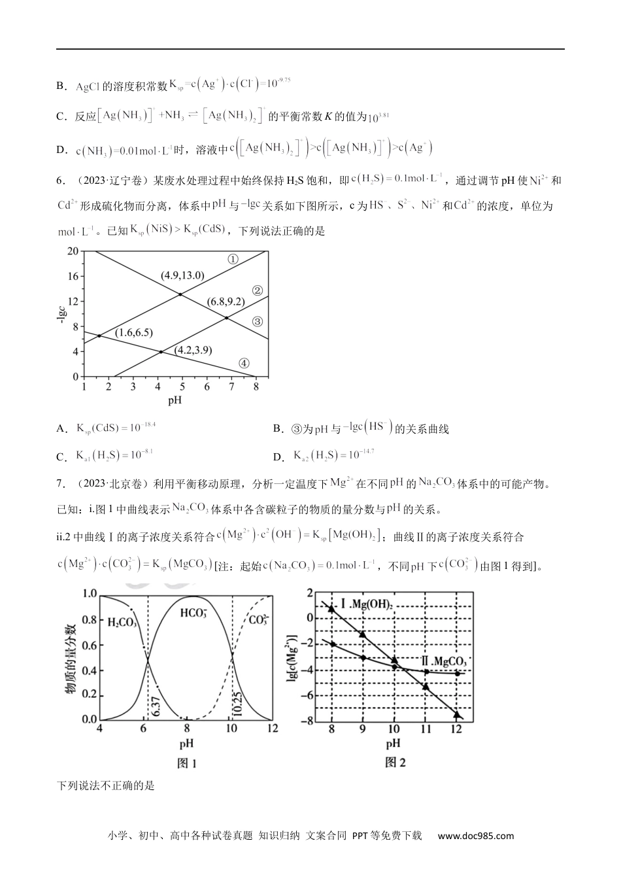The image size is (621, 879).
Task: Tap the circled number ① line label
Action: [x=233, y=259]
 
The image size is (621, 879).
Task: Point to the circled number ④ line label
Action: [x=243, y=364]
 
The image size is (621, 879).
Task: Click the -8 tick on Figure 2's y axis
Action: [x=305, y=721]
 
